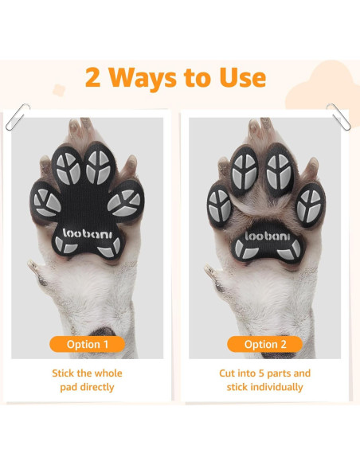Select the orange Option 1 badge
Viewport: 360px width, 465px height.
pyautogui.click(x=89, y=344)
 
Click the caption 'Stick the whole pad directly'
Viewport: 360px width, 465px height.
pyautogui.click(x=89, y=380)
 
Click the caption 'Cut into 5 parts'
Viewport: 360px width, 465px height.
pyautogui.click(x=265, y=373)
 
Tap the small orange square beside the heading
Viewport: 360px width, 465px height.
pyautogui.click(x=59, y=88)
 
